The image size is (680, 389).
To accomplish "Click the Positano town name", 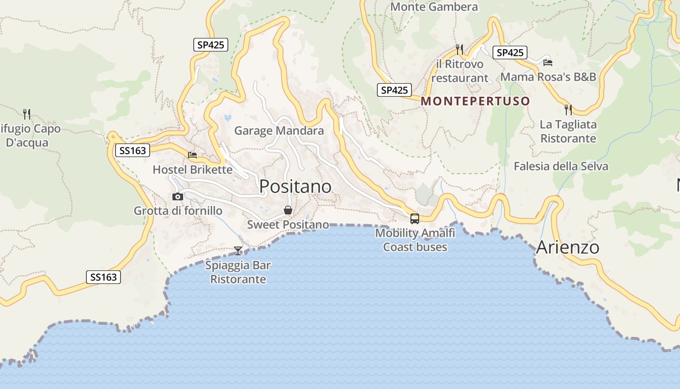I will pos(295,186).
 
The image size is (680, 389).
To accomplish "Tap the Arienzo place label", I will pos(567,248).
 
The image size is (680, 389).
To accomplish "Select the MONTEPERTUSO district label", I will pos(475,101).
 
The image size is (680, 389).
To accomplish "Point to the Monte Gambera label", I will pos(434,7).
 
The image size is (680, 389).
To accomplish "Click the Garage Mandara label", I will pos(279,130).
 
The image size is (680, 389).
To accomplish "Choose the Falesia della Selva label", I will pos(561,166).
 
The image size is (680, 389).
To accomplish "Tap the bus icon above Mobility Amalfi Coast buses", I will pos(414,218).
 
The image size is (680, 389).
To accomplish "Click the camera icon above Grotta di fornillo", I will pos(178,196).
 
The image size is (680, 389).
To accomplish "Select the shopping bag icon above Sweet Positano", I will pos(288,210).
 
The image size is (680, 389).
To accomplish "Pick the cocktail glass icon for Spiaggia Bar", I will pos(238,250).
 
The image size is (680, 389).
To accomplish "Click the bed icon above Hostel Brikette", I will pos(192,155).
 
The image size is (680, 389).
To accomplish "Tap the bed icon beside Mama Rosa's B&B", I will pos(548,62).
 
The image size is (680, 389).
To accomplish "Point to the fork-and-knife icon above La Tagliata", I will pos(568,109).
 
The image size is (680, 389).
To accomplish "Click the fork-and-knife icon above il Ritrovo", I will pos(459,49).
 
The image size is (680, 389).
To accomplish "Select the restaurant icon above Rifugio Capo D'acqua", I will pos(27,114).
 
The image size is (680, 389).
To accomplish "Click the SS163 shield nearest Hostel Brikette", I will pos(132,151).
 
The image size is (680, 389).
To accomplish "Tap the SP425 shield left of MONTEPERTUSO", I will pos(394,90).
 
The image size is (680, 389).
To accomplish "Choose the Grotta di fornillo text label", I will pos(178,211).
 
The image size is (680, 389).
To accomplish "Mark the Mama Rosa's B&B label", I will pos(548,77).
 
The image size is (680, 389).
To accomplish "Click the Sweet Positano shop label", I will pos(288,225).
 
